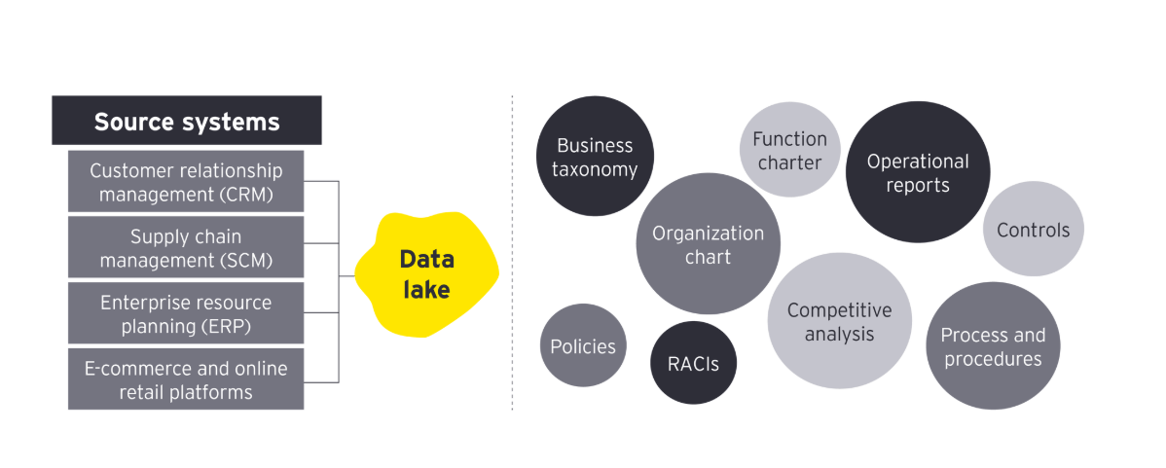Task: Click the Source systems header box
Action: (x=186, y=121)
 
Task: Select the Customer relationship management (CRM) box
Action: (x=186, y=182)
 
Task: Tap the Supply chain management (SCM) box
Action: (x=186, y=248)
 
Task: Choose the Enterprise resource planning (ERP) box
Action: (x=186, y=313)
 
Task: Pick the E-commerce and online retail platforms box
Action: (x=186, y=379)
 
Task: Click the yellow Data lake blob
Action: (x=426, y=274)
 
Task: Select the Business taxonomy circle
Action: (x=595, y=157)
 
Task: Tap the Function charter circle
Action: (x=789, y=151)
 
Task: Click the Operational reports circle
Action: (x=917, y=172)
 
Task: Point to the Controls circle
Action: (x=1033, y=230)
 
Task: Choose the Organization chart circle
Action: (x=708, y=244)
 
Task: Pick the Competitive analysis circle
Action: (x=839, y=321)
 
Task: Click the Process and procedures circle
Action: (x=992, y=346)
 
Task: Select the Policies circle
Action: (x=583, y=345)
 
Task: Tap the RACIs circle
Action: (x=693, y=363)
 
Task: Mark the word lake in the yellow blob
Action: (x=426, y=289)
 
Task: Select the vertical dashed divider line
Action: (x=513, y=253)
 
